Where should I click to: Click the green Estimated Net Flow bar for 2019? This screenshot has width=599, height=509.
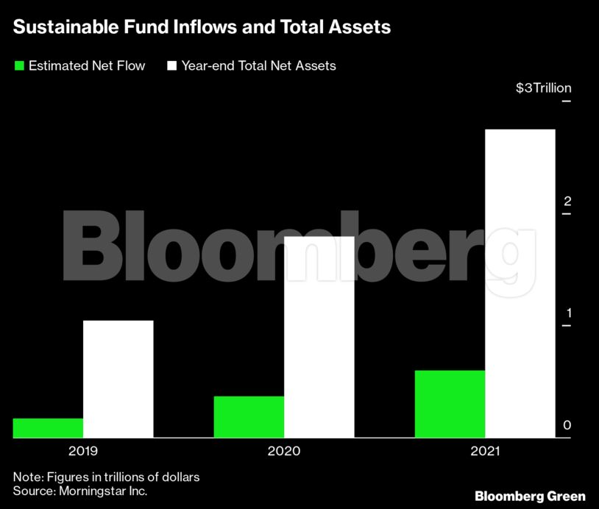point(48,428)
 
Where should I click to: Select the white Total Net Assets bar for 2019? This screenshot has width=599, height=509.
point(118,379)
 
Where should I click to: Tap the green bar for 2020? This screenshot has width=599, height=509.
point(249,417)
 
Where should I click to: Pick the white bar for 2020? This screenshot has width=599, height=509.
point(319,337)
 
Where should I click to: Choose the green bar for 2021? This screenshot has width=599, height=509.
point(450,404)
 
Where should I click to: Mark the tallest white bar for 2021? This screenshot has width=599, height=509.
point(520,283)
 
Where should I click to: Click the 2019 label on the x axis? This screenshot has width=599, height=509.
point(82,450)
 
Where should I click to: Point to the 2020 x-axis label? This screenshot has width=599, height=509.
point(284,450)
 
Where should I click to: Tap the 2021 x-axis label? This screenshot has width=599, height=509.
point(484,450)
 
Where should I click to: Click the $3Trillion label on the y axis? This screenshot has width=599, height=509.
point(543,88)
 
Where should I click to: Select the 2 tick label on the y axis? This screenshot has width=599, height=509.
point(567,202)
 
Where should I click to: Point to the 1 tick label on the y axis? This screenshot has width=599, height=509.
point(567,313)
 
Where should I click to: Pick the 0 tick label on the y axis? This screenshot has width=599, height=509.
point(567,425)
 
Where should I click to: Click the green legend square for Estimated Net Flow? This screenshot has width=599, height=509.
point(19,66)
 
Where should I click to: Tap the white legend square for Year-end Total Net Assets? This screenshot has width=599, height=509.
point(172,66)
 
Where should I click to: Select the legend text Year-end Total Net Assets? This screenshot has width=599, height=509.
point(258,66)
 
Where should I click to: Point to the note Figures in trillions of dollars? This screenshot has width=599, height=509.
point(107,477)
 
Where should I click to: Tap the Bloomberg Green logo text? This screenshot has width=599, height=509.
point(530,496)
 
